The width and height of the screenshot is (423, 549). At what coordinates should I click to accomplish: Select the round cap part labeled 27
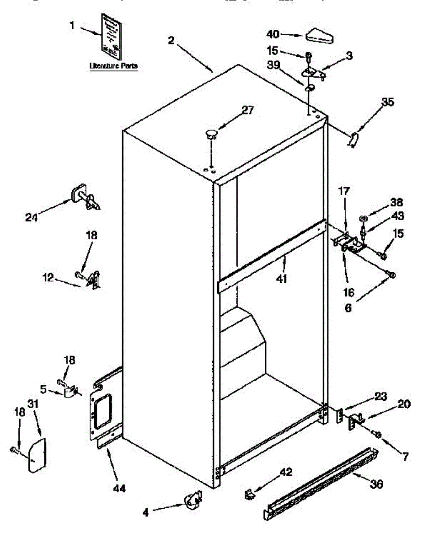pos(211,134)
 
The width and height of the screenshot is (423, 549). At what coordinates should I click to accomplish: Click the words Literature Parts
pos(113,66)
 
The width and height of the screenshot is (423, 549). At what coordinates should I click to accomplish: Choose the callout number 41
pos(282,278)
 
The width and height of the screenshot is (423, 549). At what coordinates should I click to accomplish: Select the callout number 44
pos(118,489)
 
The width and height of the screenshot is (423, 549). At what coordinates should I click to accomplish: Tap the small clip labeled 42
pos(249,493)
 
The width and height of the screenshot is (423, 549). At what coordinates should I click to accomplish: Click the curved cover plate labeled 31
pos(37,455)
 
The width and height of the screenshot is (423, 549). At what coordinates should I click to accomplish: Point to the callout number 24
pos(32,217)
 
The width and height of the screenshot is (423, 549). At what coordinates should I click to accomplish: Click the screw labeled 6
pos(391,274)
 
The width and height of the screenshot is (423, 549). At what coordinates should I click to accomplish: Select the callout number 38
pos(396,202)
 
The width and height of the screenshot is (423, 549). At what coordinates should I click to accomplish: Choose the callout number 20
pos(404,404)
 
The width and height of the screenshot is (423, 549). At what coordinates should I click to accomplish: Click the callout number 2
pos(171,40)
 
